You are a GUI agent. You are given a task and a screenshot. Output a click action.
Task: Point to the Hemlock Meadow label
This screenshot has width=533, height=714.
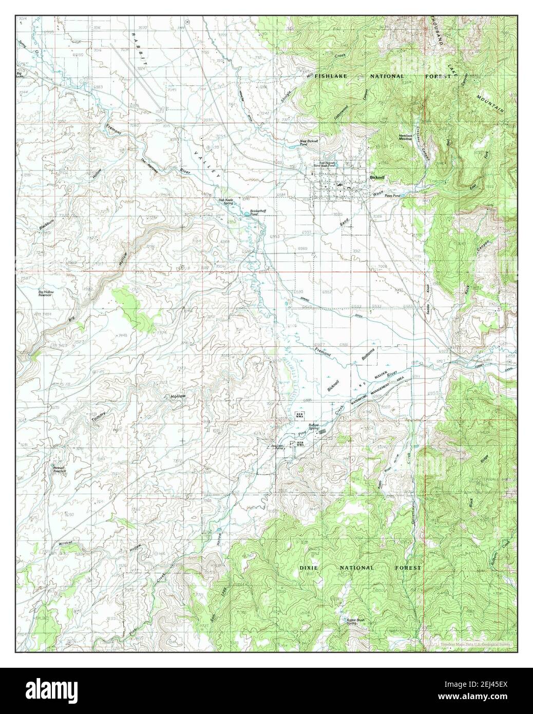click(406, 137)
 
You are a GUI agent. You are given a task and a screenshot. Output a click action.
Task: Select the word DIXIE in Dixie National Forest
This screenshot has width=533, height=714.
click(313, 568)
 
